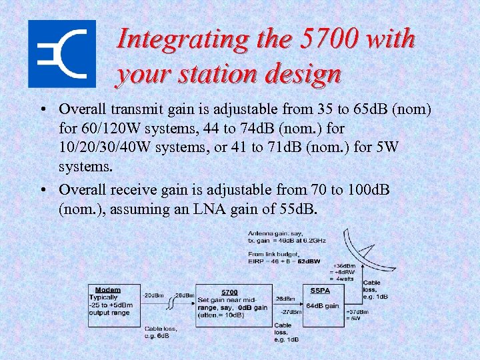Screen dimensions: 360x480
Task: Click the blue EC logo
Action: (62, 54)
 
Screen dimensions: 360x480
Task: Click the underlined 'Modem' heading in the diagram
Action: (108, 290)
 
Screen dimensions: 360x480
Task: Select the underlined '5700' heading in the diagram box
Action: (229, 292)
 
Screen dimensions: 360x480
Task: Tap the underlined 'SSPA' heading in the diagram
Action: (321, 291)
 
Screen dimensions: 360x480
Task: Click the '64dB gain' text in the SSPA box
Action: (322, 306)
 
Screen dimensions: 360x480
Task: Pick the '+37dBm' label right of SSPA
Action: (357, 312)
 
